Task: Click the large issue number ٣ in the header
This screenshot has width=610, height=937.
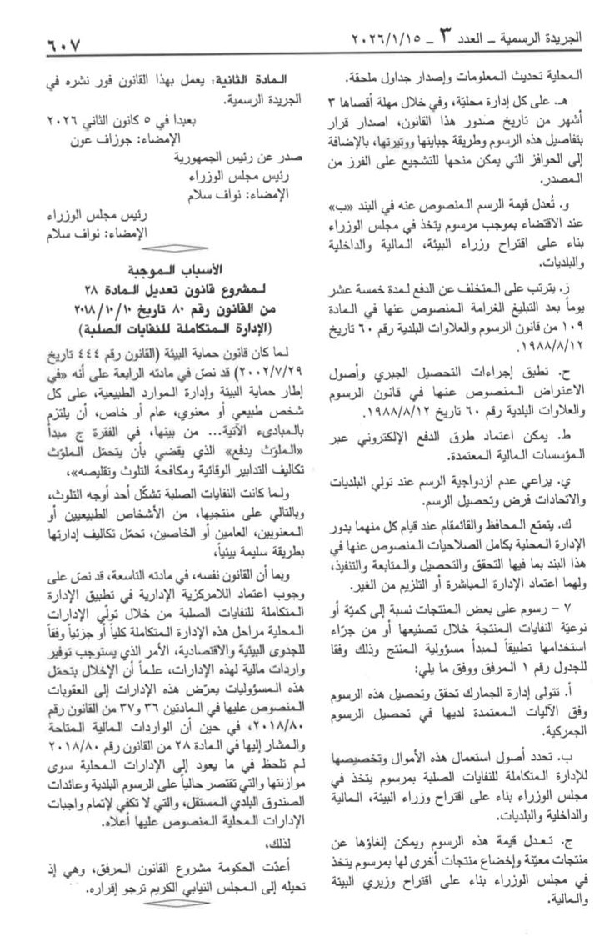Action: point(447,37)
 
